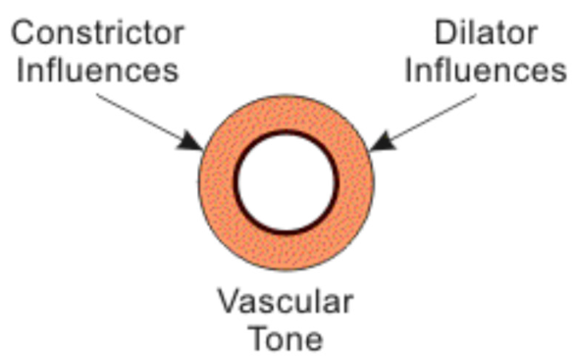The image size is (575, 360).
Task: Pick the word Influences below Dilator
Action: [487, 72]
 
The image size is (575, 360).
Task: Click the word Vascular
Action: [285, 299]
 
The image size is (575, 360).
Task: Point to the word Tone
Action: [285, 336]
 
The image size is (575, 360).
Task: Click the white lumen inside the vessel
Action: [287, 182]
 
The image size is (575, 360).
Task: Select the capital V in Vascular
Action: [228, 299]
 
